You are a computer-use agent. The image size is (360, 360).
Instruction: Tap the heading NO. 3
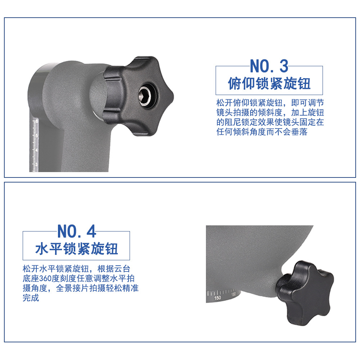(269, 66)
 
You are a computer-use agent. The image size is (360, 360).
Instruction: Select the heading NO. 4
(76, 231)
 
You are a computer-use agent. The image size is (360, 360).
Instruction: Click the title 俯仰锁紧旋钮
(269, 84)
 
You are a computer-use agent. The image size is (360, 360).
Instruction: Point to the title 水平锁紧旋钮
(76, 249)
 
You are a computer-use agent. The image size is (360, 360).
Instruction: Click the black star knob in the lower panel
(305, 292)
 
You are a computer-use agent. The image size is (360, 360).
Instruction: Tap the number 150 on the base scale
(217, 298)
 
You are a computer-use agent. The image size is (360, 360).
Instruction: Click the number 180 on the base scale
(234, 294)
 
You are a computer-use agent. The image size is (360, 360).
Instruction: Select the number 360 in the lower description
(45, 279)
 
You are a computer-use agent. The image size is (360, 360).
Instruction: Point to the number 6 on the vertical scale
(36, 121)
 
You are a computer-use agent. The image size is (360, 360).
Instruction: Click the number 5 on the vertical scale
(36, 136)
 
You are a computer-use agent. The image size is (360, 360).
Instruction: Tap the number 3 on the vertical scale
(36, 165)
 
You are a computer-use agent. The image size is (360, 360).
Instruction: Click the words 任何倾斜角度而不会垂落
(262, 132)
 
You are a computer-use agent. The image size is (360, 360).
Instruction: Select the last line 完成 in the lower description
(31, 298)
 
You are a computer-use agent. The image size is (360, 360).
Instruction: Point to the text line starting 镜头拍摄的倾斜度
(270, 112)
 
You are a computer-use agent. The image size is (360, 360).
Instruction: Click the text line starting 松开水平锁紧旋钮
(76, 269)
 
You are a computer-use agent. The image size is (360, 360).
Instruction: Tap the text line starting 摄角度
(81, 288)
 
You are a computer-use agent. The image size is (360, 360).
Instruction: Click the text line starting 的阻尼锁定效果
(270, 122)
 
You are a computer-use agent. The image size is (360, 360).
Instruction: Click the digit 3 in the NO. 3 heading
(284, 66)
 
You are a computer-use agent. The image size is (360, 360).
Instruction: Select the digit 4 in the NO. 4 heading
(91, 231)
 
